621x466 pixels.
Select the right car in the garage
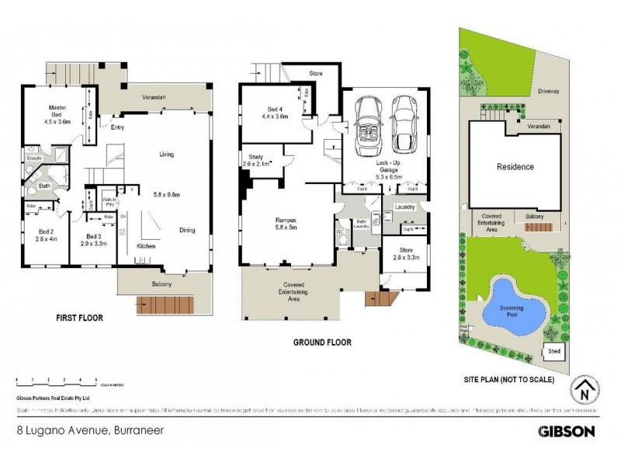(x=403, y=124)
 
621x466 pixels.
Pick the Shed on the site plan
(x=554, y=351)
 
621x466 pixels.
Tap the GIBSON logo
(x=567, y=430)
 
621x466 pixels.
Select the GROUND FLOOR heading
(x=321, y=342)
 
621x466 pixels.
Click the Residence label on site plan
(x=515, y=167)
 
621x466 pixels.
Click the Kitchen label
(x=147, y=246)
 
